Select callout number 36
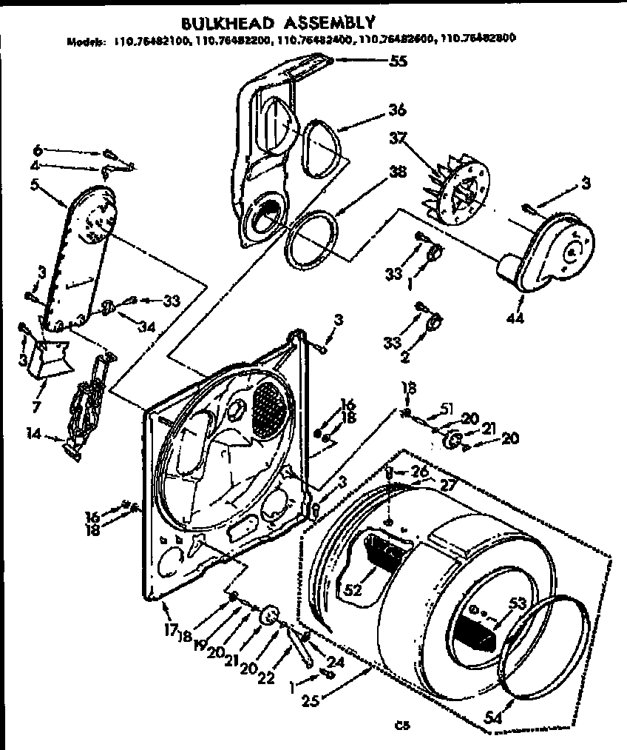[x=396, y=110]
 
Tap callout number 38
[x=398, y=173]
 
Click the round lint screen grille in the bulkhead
[x=268, y=410]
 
